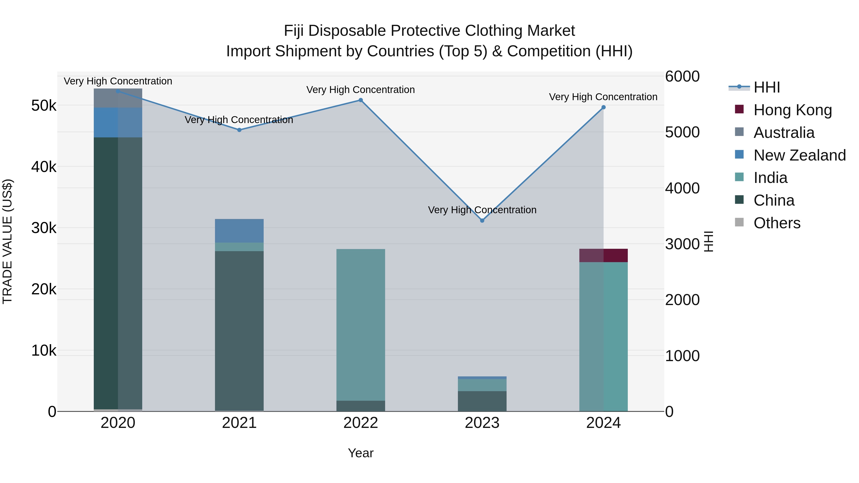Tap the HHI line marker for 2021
click(239, 130)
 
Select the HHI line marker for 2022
click(361, 100)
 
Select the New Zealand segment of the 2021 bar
click(239, 231)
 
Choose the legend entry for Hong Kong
click(792, 110)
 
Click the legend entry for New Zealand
click(799, 155)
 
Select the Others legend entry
click(777, 223)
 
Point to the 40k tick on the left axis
click(44, 167)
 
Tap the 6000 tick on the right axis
click(682, 76)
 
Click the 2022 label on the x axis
click(361, 423)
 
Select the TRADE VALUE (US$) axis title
click(7, 241)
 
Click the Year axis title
click(361, 453)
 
